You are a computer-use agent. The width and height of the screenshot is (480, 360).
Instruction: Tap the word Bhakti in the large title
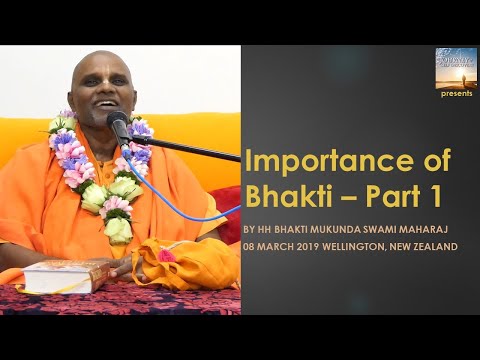pos(285,196)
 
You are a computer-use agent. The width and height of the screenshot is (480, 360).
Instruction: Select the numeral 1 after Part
pos(440,196)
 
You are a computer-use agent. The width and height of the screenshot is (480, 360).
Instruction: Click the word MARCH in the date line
pos(274,246)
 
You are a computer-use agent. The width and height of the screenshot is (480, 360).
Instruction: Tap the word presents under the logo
pos(456,94)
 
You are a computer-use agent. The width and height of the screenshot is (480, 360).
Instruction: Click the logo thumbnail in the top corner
pos(456,67)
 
